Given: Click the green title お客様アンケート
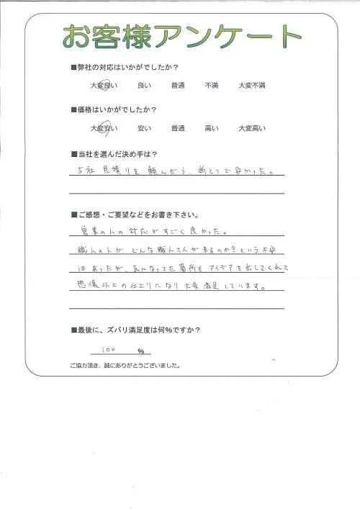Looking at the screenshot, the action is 181,36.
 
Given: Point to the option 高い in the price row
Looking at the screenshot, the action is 211,129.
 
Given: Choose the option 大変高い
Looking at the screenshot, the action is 251,129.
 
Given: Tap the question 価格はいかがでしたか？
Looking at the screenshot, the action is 116,110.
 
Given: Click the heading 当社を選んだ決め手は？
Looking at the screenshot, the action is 116,154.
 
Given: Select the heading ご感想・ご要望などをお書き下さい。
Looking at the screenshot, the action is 138,215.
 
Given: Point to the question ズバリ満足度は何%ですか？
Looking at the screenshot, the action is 138,330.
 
